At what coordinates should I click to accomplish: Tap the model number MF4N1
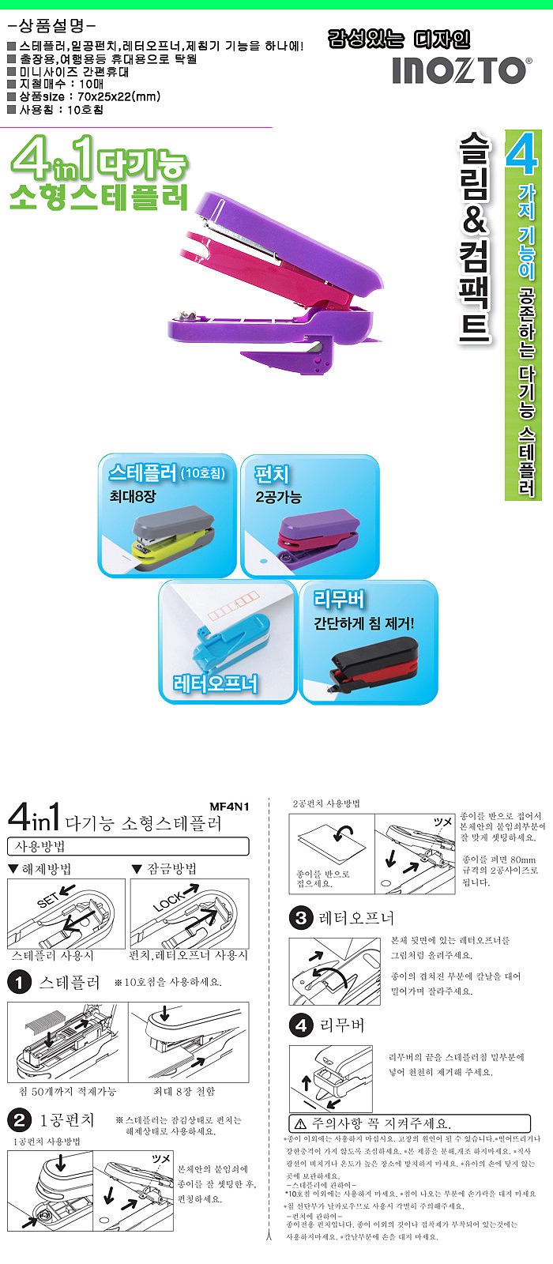[229, 807]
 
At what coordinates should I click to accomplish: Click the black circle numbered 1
[19, 983]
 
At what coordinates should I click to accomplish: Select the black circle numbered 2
[19, 1119]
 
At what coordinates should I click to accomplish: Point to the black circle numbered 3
[301, 918]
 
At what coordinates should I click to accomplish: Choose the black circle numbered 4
[301, 1025]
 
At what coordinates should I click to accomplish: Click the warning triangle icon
[299, 1123]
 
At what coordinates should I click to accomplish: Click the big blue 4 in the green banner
[522, 154]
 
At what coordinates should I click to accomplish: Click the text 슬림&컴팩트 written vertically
[474, 237]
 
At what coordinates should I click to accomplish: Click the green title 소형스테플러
[99, 196]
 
